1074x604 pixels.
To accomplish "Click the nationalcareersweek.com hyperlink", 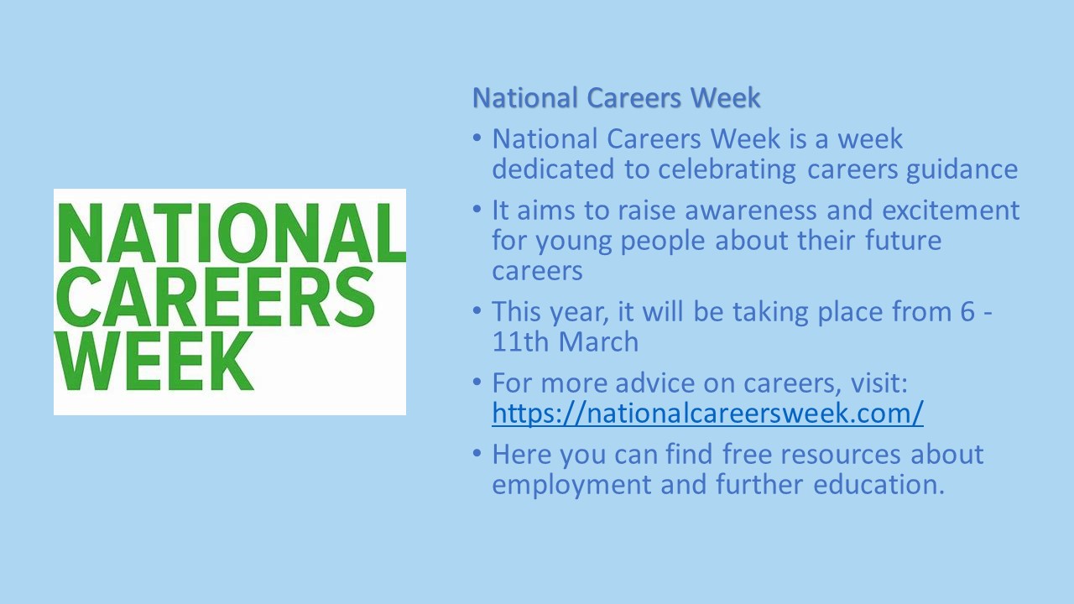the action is point(707,414).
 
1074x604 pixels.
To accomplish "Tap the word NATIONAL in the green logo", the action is point(231,232).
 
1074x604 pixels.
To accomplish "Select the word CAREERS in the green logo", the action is point(216,297).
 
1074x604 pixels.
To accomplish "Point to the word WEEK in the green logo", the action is point(155,361).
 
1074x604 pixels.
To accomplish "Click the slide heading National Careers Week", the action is point(617,98).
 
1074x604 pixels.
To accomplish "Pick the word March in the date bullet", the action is point(598,341).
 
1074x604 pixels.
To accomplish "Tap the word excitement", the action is point(951,211).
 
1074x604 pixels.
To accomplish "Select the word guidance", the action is point(962,170).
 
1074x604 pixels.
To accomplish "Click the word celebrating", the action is point(727,170).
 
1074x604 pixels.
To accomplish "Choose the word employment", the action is point(571,485).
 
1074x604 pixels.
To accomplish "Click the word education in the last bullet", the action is point(878,484).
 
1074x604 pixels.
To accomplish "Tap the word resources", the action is point(841,456).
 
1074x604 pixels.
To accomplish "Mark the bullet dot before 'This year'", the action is point(477,310).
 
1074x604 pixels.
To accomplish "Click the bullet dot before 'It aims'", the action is point(477,209).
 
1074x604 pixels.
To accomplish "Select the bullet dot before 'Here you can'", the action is point(477,452).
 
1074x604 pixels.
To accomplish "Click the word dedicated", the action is point(553,169).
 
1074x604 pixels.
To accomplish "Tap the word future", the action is point(904,241).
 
